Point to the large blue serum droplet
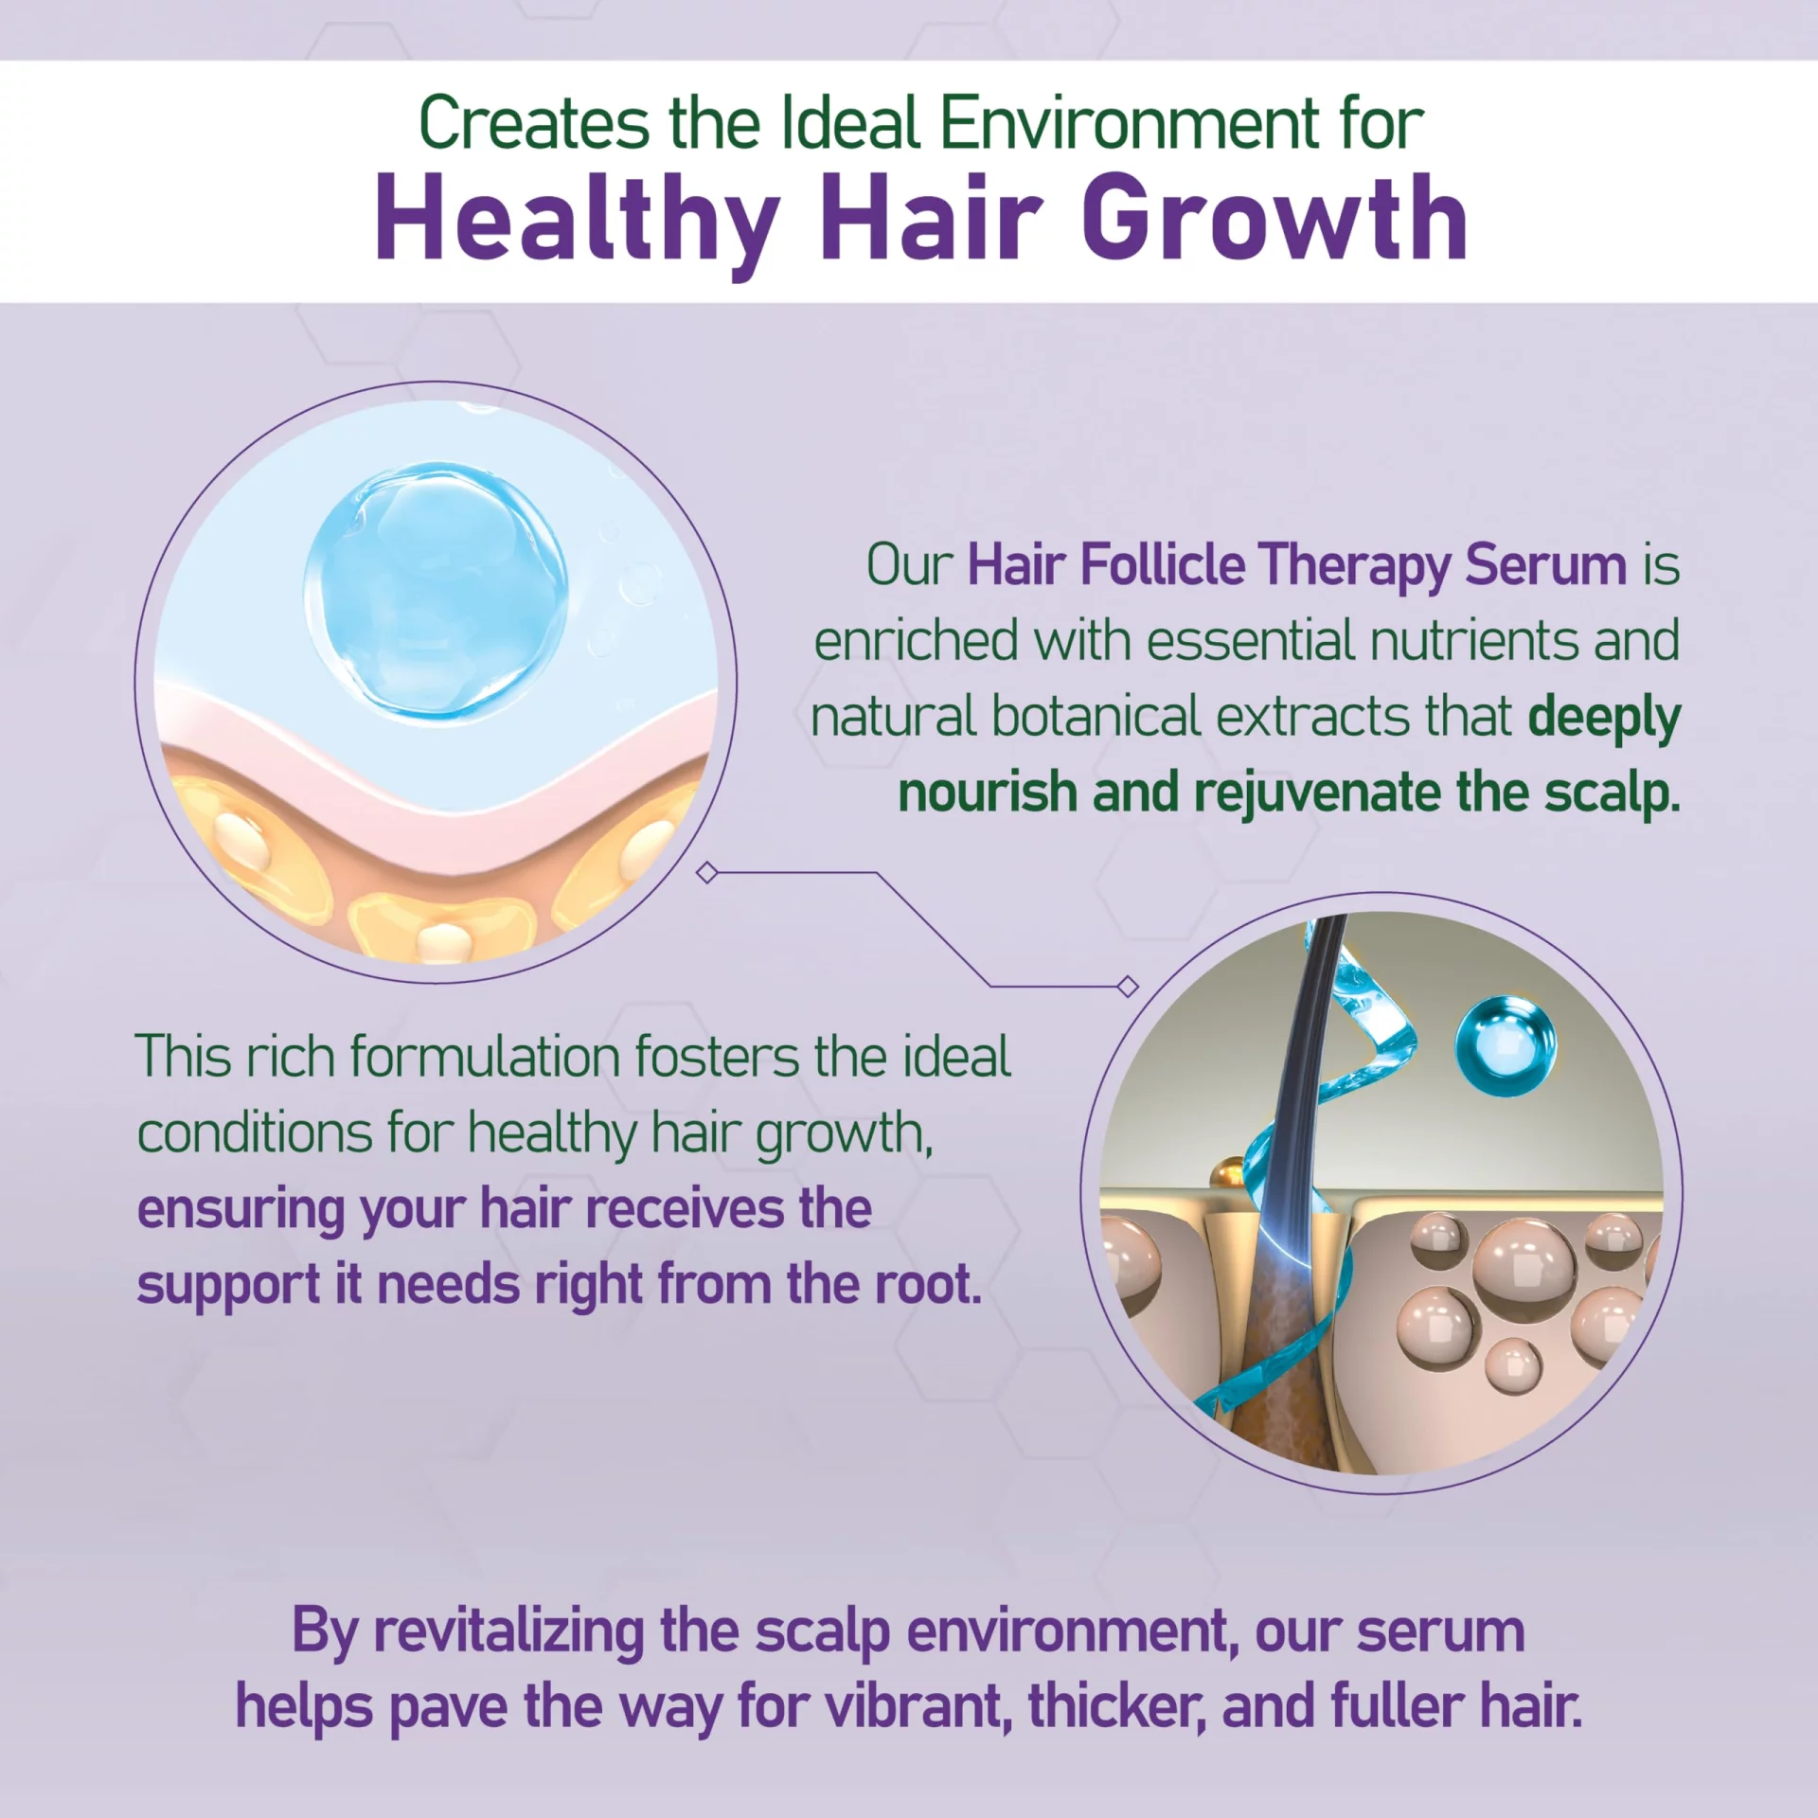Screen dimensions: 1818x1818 [x=437, y=589]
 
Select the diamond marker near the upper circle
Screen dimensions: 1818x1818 [x=706, y=872]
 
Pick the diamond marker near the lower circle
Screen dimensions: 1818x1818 [x=1128, y=987]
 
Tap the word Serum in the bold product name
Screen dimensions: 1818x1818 [x=1545, y=566]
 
